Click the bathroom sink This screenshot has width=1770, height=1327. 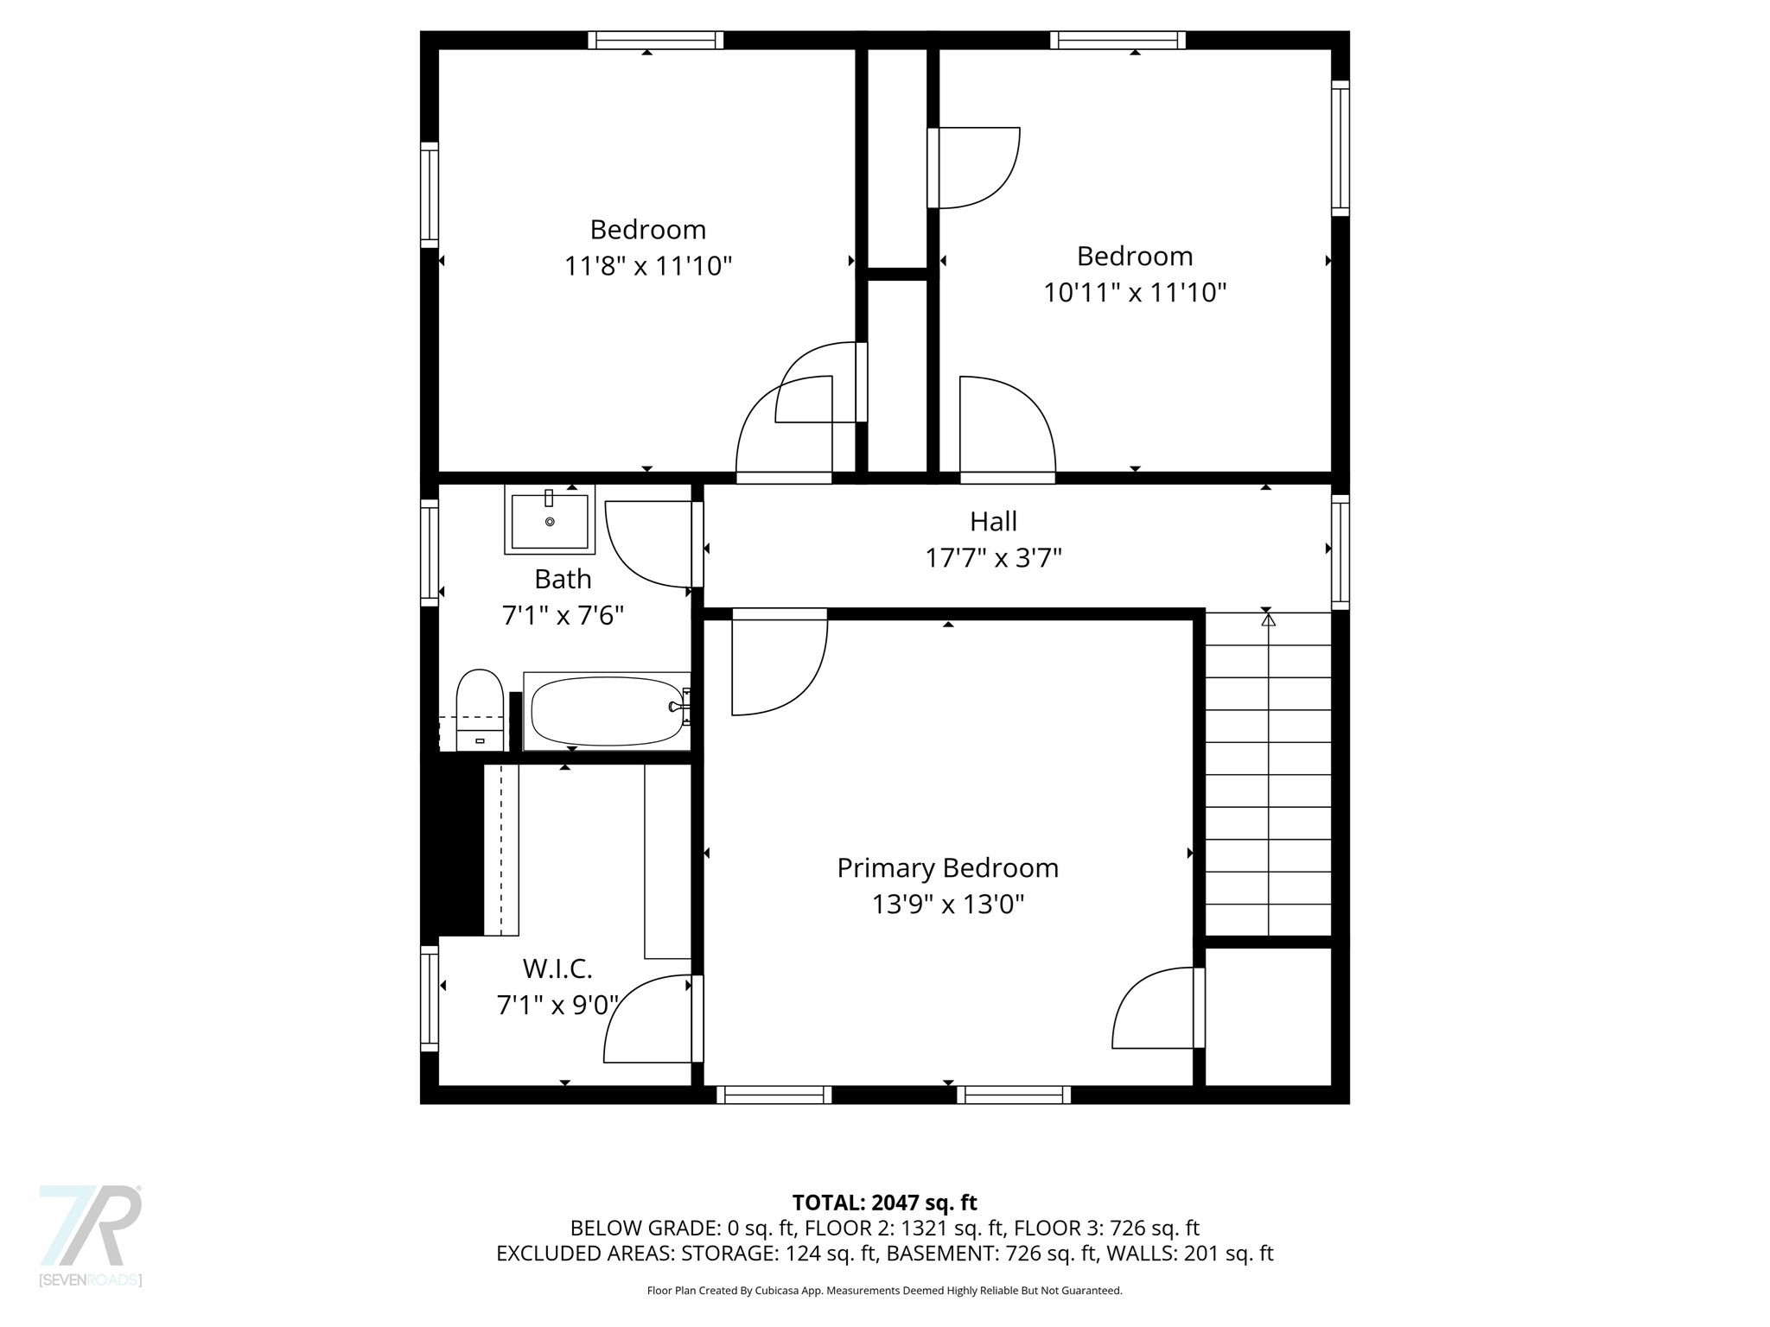click(x=550, y=521)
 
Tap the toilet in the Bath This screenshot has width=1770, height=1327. click(x=480, y=708)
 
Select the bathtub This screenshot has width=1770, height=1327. click(x=607, y=711)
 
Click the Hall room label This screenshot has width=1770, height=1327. click(x=993, y=521)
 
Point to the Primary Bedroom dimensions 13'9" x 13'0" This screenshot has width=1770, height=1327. click(x=948, y=905)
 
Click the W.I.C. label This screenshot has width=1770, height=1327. click(x=557, y=968)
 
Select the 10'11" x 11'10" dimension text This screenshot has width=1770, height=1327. click(x=1135, y=293)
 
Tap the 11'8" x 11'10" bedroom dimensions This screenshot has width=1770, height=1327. click(x=648, y=265)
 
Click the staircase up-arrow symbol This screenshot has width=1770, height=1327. click(x=1268, y=619)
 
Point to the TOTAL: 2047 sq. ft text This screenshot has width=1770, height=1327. click(x=884, y=1203)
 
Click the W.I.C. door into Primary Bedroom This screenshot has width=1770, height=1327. click(x=648, y=1019)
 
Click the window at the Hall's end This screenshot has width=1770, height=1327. click(x=1340, y=551)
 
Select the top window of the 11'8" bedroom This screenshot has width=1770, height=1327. click(x=656, y=40)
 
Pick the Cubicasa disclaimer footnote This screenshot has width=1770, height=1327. click(x=884, y=1291)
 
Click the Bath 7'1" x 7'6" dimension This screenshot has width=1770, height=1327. click(x=563, y=616)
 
